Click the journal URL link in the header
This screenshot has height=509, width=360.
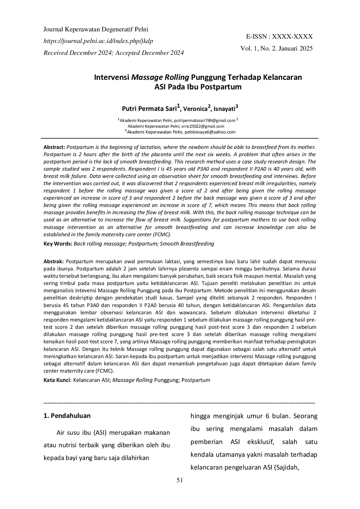(x=98, y=41)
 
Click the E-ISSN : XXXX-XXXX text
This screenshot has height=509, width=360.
(x=279, y=37)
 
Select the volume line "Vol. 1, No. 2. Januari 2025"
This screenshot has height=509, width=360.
(x=276, y=48)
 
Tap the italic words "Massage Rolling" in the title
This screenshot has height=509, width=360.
(x=160, y=77)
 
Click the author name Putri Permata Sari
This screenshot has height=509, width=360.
(x=149, y=109)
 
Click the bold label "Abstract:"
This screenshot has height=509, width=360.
(x=54, y=147)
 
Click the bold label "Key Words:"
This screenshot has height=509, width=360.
(x=58, y=244)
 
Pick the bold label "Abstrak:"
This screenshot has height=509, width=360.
(x=53, y=261)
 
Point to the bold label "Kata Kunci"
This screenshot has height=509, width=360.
(x=57, y=380)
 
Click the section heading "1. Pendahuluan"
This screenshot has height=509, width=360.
(x=67, y=416)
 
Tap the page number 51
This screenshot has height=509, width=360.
(x=180, y=480)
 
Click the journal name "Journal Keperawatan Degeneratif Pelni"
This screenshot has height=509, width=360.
(x=96, y=29)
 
